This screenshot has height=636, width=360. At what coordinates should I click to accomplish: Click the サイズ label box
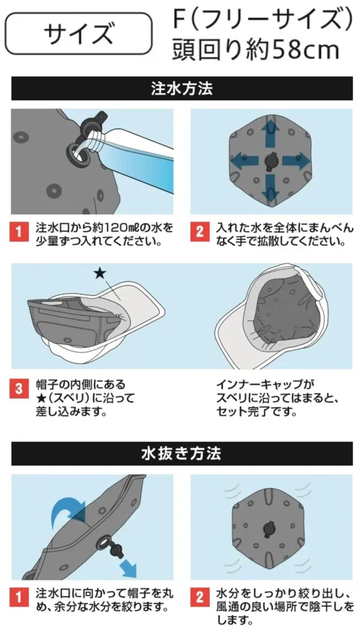79,34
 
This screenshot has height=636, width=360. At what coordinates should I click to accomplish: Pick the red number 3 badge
19,388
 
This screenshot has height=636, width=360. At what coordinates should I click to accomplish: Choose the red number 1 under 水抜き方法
19,596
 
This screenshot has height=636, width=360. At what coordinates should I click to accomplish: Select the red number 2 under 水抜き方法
199,596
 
